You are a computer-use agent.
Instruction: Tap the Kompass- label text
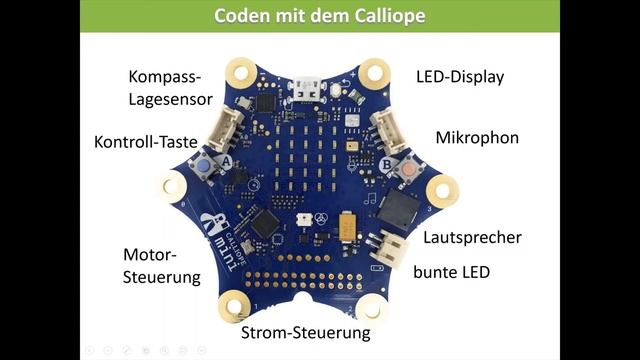(x=164, y=77)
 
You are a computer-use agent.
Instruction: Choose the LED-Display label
(x=460, y=77)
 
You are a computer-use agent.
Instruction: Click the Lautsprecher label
(x=472, y=238)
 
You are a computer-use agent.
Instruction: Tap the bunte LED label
(x=451, y=271)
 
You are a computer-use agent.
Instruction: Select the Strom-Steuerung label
(x=306, y=332)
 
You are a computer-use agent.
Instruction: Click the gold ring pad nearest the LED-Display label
(x=374, y=71)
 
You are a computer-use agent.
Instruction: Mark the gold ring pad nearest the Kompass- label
(x=239, y=71)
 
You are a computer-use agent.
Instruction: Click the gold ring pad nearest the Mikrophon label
(x=441, y=189)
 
